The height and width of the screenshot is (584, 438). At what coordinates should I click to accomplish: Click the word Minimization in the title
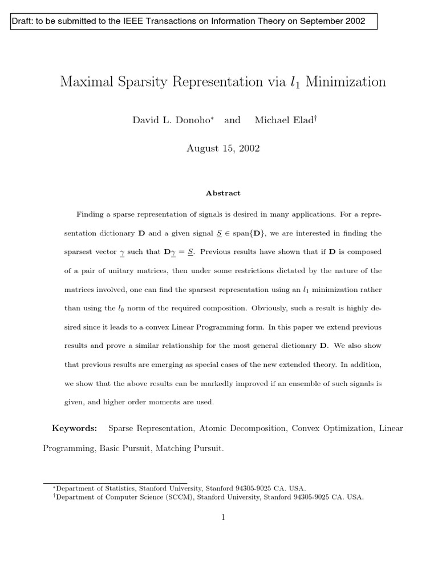pos(346,82)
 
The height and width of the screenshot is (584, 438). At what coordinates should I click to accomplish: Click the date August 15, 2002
pos(223,148)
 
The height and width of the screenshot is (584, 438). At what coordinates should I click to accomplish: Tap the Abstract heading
pos(223,193)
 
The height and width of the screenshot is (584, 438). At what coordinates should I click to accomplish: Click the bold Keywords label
pos(75,428)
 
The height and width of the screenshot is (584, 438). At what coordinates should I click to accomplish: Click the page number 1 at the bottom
pos(223,517)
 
